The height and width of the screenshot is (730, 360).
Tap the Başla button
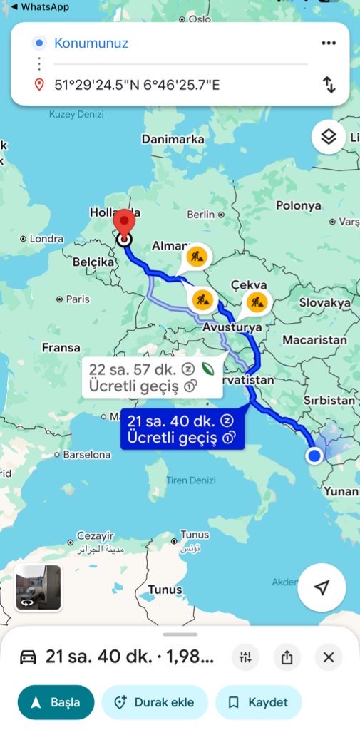click(x=56, y=702)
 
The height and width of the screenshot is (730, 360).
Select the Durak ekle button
click(x=154, y=702)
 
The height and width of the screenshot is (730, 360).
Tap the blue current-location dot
click(x=314, y=456)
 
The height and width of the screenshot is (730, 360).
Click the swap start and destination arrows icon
click(x=329, y=85)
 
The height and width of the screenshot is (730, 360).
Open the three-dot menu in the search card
click(x=328, y=43)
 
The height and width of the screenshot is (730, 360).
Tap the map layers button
click(x=328, y=137)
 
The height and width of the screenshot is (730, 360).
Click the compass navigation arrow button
click(x=322, y=587)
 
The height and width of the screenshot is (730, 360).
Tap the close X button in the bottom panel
click(x=329, y=657)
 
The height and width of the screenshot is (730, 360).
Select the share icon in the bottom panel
click(x=287, y=657)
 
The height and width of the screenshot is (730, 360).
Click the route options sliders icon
click(x=245, y=657)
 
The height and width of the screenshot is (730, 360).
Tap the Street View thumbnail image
click(x=38, y=587)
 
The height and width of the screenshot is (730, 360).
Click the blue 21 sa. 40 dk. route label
click(x=182, y=429)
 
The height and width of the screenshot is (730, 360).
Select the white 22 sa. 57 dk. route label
click(x=152, y=377)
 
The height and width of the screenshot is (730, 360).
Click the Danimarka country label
click(x=173, y=140)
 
